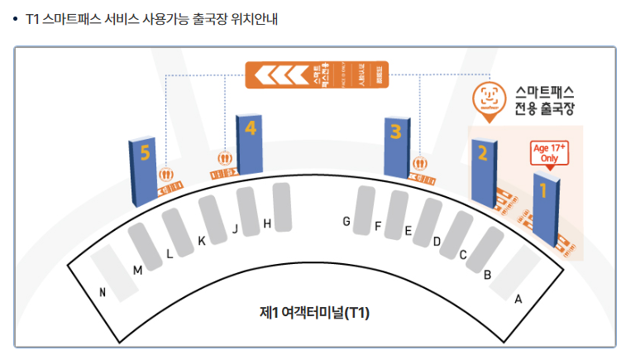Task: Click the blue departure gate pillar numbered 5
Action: tap(144, 172)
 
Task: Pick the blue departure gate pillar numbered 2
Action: tap(482, 171)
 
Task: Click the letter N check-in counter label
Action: tap(102, 292)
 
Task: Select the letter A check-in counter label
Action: tap(518, 300)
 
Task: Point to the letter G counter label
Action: tap(346, 221)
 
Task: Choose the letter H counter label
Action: tap(266, 223)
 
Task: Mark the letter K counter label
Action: tap(201, 242)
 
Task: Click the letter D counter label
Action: tap(437, 242)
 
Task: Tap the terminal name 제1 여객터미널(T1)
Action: tap(313, 313)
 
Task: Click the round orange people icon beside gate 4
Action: tap(224, 158)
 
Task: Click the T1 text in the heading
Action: tap(34, 18)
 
